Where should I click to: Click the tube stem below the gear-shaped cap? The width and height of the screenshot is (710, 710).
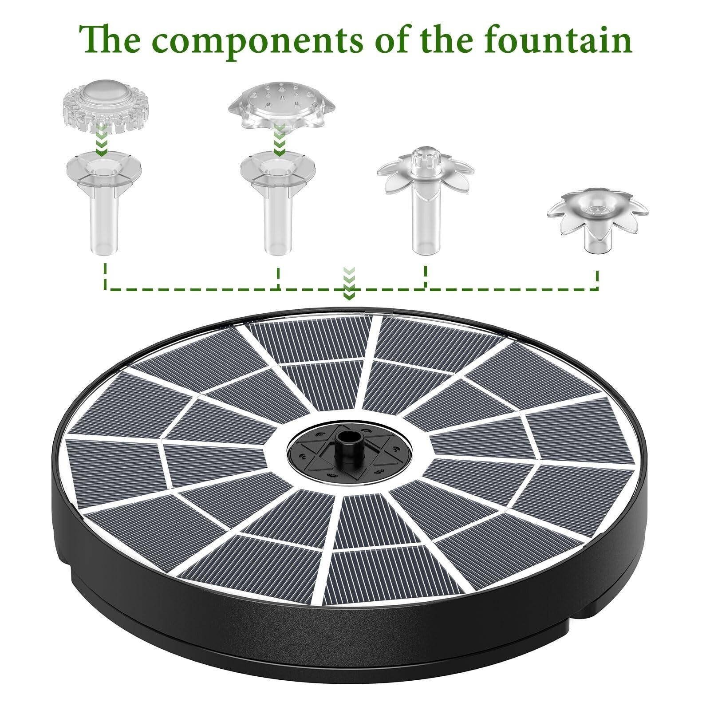click(x=105, y=222)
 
